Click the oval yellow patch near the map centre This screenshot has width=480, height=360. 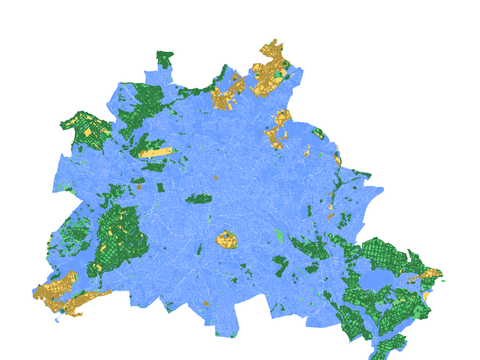(x=226, y=240)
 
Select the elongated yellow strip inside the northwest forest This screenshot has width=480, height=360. (x=155, y=153)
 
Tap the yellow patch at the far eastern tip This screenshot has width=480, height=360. (x=432, y=273)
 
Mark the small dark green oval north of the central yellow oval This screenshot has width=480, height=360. (x=199, y=198)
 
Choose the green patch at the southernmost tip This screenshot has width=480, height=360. (x=388, y=348)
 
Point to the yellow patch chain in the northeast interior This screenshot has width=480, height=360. (x=278, y=128)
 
